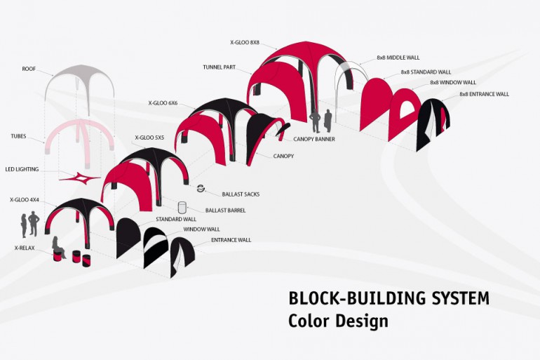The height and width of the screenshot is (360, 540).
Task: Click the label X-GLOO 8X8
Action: click(245, 43)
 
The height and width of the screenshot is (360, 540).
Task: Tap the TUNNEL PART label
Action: click(219, 67)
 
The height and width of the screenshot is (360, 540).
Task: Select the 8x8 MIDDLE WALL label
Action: click(398, 58)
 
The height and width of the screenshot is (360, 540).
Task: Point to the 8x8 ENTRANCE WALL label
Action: click(484, 94)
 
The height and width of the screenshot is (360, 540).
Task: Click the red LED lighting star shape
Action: click(80, 178)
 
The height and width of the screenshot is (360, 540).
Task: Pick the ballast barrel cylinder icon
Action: click(182, 208)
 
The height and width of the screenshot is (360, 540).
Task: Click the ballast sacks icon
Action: click(201, 189)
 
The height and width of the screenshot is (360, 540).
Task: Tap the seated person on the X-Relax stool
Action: click(58, 247)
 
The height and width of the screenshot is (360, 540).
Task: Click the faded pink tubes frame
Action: click(80, 125)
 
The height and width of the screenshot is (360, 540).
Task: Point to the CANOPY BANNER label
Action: click(314, 139)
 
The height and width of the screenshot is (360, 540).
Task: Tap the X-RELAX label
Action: click(25, 248)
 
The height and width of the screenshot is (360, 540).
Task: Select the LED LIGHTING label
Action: click(22, 169)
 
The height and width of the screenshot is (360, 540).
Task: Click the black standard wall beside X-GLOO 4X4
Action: click(128, 238)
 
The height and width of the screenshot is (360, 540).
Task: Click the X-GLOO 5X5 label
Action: click(149, 138)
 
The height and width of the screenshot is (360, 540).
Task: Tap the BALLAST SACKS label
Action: click(241, 194)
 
